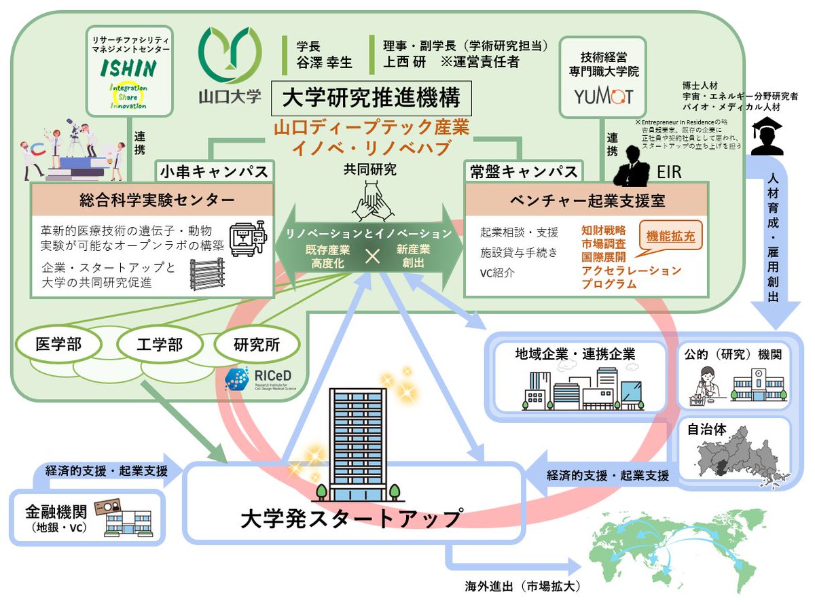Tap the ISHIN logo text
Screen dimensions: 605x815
[x=128, y=68]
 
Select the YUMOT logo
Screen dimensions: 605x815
[x=603, y=96]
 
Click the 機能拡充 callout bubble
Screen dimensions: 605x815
[x=670, y=238]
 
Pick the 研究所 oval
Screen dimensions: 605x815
[x=257, y=345]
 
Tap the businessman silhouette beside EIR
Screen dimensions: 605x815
[x=633, y=163]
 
